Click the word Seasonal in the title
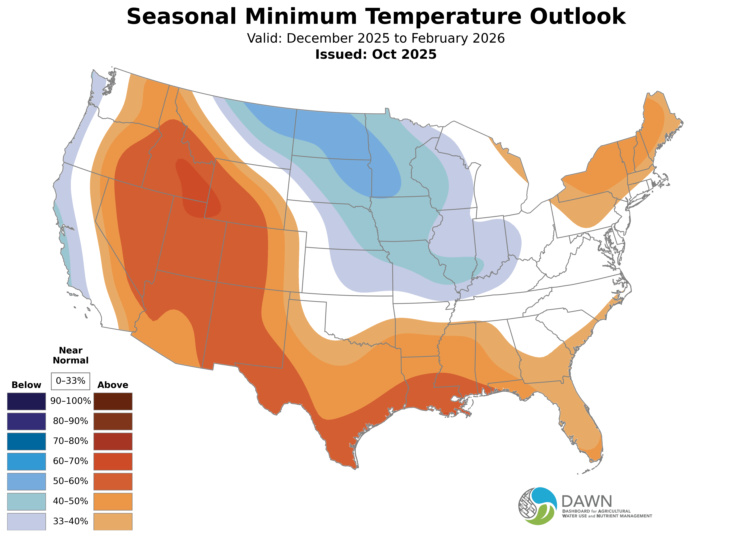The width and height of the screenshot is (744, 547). [x=181, y=17]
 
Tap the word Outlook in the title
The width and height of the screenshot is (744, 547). [x=577, y=17]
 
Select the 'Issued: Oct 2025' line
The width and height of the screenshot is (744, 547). [x=376, y=54]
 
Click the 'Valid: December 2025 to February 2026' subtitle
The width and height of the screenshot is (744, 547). [x=376, y=38]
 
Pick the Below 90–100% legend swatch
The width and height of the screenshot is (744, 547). [x=27, y=401]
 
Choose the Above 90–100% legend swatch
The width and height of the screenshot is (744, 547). [x=113, y=401]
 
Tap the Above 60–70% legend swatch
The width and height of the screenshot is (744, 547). [x=113, y=461]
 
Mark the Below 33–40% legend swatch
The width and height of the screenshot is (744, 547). [x=27, y=521]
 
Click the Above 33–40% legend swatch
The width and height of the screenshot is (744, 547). [x=113, y=521]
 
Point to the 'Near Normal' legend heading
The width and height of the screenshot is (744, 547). [x=70, y=355]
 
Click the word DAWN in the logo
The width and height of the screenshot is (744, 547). [x=586, y=502]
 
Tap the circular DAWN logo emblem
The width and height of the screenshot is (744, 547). [x=538, y=506]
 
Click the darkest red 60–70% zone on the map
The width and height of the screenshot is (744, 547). [x=195, y=189]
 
